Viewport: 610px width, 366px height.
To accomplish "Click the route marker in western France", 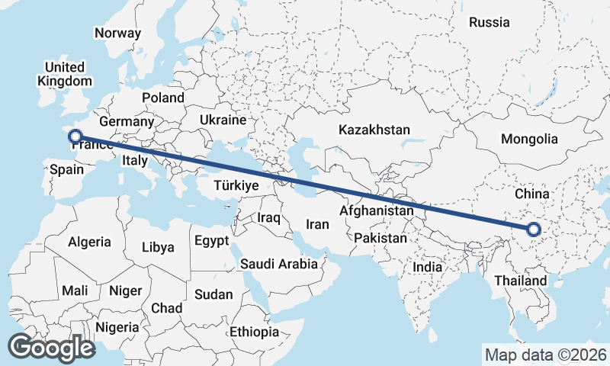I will pyautogui.click(x=75, y=137).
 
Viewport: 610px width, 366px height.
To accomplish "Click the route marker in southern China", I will pyautogui.click(x=533, y=229).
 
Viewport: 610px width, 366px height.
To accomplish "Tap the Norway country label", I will pyautogui.click(x=117, y=33).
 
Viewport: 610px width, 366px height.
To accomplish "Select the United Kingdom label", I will pyautogui.click(x=65, y=74).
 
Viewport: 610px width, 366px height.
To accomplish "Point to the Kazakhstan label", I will pyautogui.click(x=375, y=130).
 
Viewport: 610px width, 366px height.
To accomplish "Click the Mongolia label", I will pyautogui.click(x=529, y=139).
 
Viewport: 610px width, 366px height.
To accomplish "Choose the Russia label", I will pyautogui.click(x=489, y=22).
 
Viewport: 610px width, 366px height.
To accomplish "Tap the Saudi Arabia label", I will pyautogui.click(x=278, y=264).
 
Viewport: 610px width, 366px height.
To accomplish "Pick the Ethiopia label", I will pyautogui.click(x=254, y=332).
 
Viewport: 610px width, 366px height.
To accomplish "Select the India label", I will pyautogui.click(x=427, y=267).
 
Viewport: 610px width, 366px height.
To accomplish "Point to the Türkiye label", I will pyautogui.click(x=236, y=185).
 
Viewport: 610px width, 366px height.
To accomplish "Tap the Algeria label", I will pyautogui.click(x=89, y=242).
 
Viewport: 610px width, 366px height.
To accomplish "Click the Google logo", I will pyautogui.click(x=51, y=348).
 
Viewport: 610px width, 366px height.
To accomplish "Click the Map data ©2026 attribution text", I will pyautogui.click(x=546, y=355).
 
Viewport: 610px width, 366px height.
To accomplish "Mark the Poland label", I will pyautogui.click(x=163, y=98).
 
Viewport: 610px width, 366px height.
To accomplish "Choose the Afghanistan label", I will pyautogui.click(x=377, y=210).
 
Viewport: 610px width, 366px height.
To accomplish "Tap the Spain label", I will pyautogui.click(x=66, y=170).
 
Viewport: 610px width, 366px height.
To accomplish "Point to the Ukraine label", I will pyautogui.click(x=223, y=120).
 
